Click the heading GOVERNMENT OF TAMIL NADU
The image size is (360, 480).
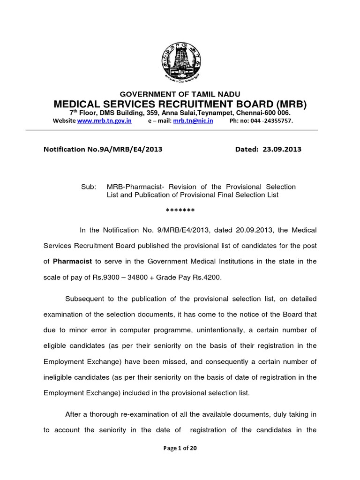[180, 94]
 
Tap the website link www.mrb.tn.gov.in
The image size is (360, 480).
[104, 120]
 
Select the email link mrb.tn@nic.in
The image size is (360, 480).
[193, 120]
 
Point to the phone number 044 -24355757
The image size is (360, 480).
[269, 120]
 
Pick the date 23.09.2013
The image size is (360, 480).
[282, 150]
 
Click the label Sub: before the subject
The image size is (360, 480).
[89, 187]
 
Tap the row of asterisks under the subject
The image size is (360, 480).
[180, 210]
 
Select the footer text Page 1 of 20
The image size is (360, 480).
[180, 448]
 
